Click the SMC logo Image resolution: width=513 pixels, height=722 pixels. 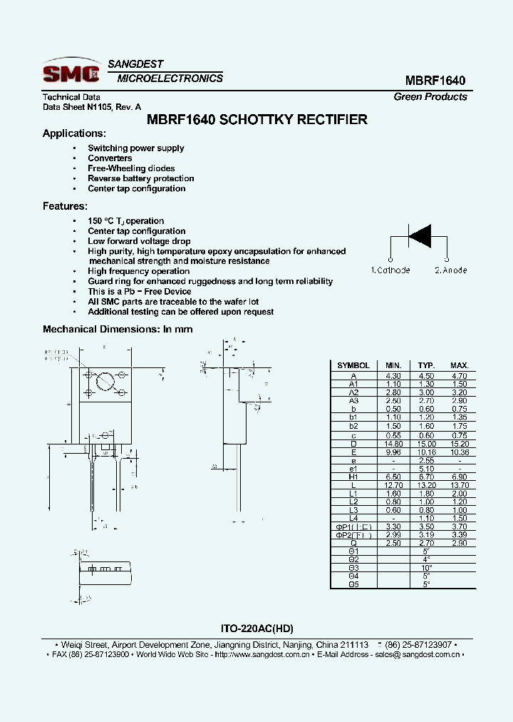(70, 72)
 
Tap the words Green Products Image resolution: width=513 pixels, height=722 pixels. (430, 97)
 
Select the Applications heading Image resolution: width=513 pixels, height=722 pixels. (74, 133)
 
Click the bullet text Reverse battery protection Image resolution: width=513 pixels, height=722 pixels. (140, 178)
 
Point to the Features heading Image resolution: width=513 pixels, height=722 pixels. (65, 206)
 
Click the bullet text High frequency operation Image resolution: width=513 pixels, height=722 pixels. (138, 271)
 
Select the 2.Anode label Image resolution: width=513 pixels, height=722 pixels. (450, 270)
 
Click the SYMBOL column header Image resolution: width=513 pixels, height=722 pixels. (353, 365)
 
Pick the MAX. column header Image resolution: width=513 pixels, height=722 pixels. (459, 365)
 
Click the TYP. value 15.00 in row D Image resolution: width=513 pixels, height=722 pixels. (426, 443)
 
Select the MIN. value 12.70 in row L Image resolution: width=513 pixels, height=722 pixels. (393, 484)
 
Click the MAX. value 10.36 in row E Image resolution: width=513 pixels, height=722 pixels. (459, 452)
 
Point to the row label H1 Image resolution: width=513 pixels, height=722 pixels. (353, 477)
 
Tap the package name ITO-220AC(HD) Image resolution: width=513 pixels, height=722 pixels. (256, 629)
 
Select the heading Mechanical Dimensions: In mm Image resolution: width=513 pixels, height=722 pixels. (118, 330)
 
